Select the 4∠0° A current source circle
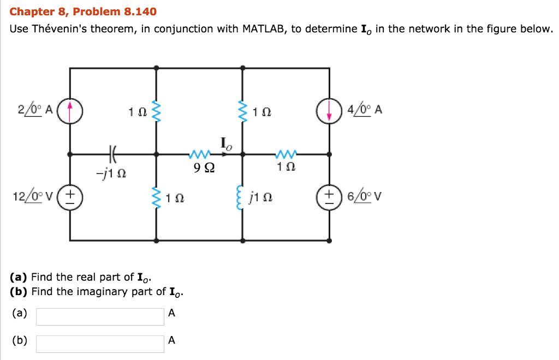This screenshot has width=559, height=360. coord(329,110)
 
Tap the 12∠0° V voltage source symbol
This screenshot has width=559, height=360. coord(70,197)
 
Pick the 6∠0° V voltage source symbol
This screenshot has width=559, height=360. coord(329,197)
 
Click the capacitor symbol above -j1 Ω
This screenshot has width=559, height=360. coord(113,154)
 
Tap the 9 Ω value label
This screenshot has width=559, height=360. coord(200,169)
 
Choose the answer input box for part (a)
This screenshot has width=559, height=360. coord(100,316)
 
